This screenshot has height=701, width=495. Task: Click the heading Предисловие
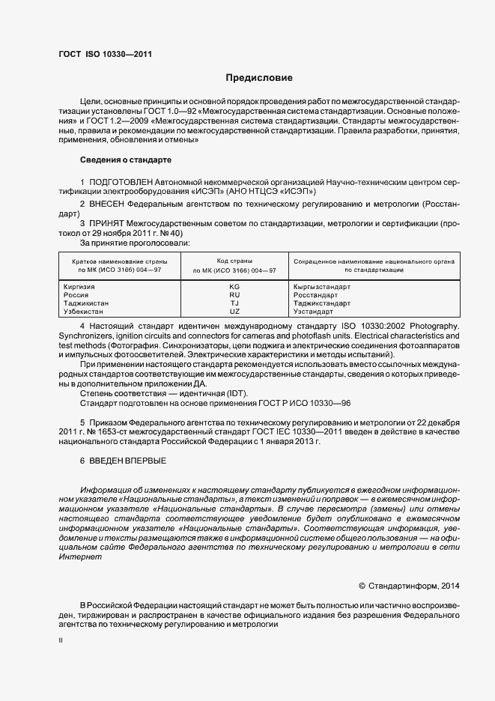coord(260,78)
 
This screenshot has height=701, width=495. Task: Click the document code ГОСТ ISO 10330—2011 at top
coord(105,54)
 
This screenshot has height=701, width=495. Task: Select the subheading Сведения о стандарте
coord(126,160)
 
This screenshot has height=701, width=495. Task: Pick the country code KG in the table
coord(234,287)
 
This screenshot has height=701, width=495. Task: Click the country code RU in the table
coord(234,295)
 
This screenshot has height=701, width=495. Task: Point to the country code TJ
coord(234,303)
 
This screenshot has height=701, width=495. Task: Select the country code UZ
coord(234,311)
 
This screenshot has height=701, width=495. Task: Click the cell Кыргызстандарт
coord(321,287)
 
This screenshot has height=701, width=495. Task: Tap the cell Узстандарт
coord(314,311)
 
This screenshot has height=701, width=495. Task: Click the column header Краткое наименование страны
coord(120,260)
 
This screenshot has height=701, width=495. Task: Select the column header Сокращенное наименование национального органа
coord(374,260)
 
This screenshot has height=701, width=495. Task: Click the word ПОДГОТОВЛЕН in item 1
coord(121,182)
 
